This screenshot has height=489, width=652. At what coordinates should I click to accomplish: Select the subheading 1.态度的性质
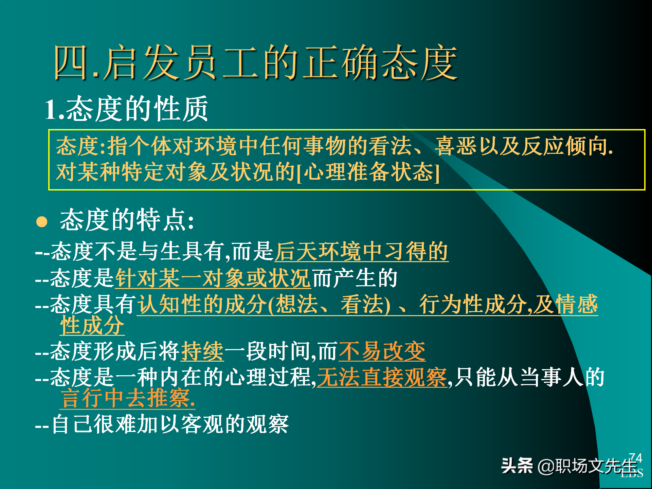point(126,109)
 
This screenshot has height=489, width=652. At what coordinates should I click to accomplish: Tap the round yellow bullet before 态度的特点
point(42,221)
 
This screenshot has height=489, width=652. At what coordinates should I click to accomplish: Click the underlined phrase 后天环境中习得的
point(361,252)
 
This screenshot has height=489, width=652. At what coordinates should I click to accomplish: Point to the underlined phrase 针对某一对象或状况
point(213,278)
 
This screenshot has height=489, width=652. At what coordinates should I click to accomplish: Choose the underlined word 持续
point(202,351)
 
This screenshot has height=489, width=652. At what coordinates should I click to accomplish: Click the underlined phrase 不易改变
point(382,351)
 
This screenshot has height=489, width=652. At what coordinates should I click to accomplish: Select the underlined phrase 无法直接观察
point(382,377)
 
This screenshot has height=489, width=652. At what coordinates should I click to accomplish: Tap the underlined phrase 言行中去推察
point(128,398)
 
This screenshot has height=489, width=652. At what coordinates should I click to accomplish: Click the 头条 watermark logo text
point(517,466)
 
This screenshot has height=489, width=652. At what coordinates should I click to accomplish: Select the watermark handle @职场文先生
point(587,466)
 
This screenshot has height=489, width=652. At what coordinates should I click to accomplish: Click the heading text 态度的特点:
point(127,220)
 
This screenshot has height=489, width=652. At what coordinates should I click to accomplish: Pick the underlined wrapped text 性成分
point(92,325)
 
